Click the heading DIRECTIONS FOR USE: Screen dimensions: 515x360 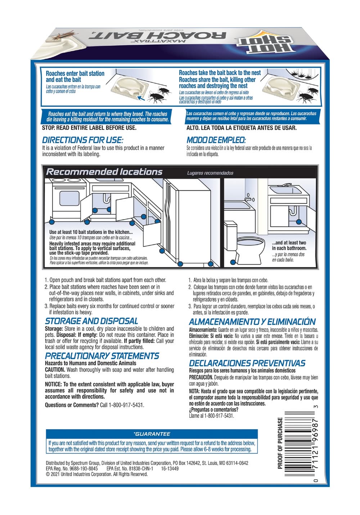[x=82, y=140]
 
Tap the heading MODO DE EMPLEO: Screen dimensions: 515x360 [x=216, y=140]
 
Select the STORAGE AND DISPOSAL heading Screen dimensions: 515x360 [x=91, y=321]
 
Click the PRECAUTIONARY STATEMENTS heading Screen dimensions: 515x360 [x=102, y=356]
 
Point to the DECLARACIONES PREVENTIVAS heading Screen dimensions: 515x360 [x=247, y=363]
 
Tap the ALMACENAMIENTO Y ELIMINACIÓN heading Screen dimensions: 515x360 [x=252, y=322]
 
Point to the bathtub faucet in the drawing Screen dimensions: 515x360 [x=249, y=198]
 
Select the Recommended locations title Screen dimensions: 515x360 [x=104, y=172]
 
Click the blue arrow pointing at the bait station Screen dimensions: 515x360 [x=141, y=96]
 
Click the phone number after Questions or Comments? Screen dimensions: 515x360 [x=126, y=405]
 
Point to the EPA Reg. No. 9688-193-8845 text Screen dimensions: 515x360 [x=72, y=469]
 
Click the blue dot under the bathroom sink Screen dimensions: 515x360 [x=299, y=222]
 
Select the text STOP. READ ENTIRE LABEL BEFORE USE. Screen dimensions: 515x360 [x=89, y=128]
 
